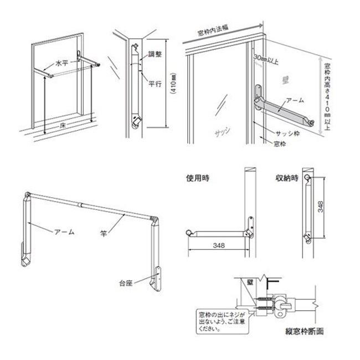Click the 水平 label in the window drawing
coord(62,64)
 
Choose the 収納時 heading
coord(286,178)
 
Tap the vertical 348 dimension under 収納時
coord(322,208)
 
